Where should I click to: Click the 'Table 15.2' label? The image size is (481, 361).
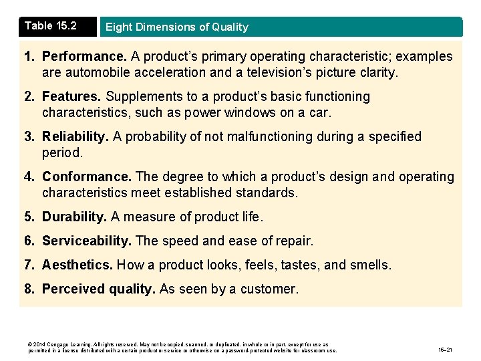point(51,26)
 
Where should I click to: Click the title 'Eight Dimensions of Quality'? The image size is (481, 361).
point(176,27)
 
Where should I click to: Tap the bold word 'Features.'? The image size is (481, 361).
point(72,97)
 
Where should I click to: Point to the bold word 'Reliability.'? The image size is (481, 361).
point(75,137)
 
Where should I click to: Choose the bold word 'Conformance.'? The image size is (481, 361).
point(87,177)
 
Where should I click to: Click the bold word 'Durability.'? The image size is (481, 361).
point(74,217)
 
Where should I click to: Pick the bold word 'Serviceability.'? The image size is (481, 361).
point(87,241)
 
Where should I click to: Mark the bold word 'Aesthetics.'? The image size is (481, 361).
point(77,265)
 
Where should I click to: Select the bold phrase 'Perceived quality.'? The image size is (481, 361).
point(99,289)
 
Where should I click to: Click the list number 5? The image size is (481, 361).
point(29,217)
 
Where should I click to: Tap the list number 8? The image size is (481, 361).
point(29,289)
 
